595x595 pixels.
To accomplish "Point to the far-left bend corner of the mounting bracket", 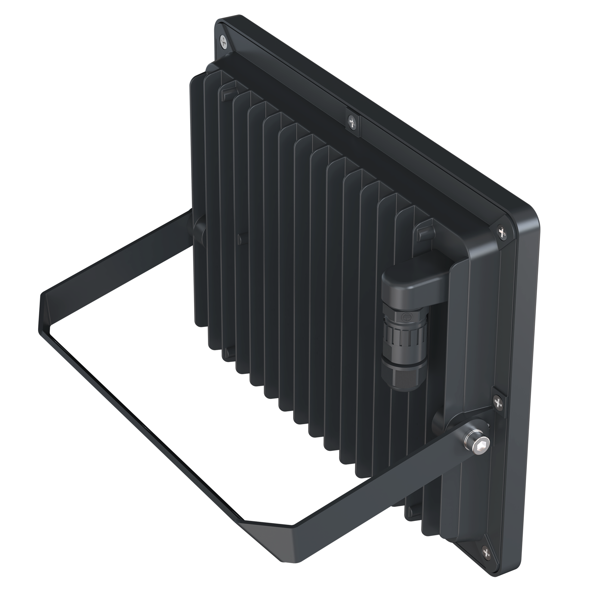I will pyautogui.click(x=43, y=296).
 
